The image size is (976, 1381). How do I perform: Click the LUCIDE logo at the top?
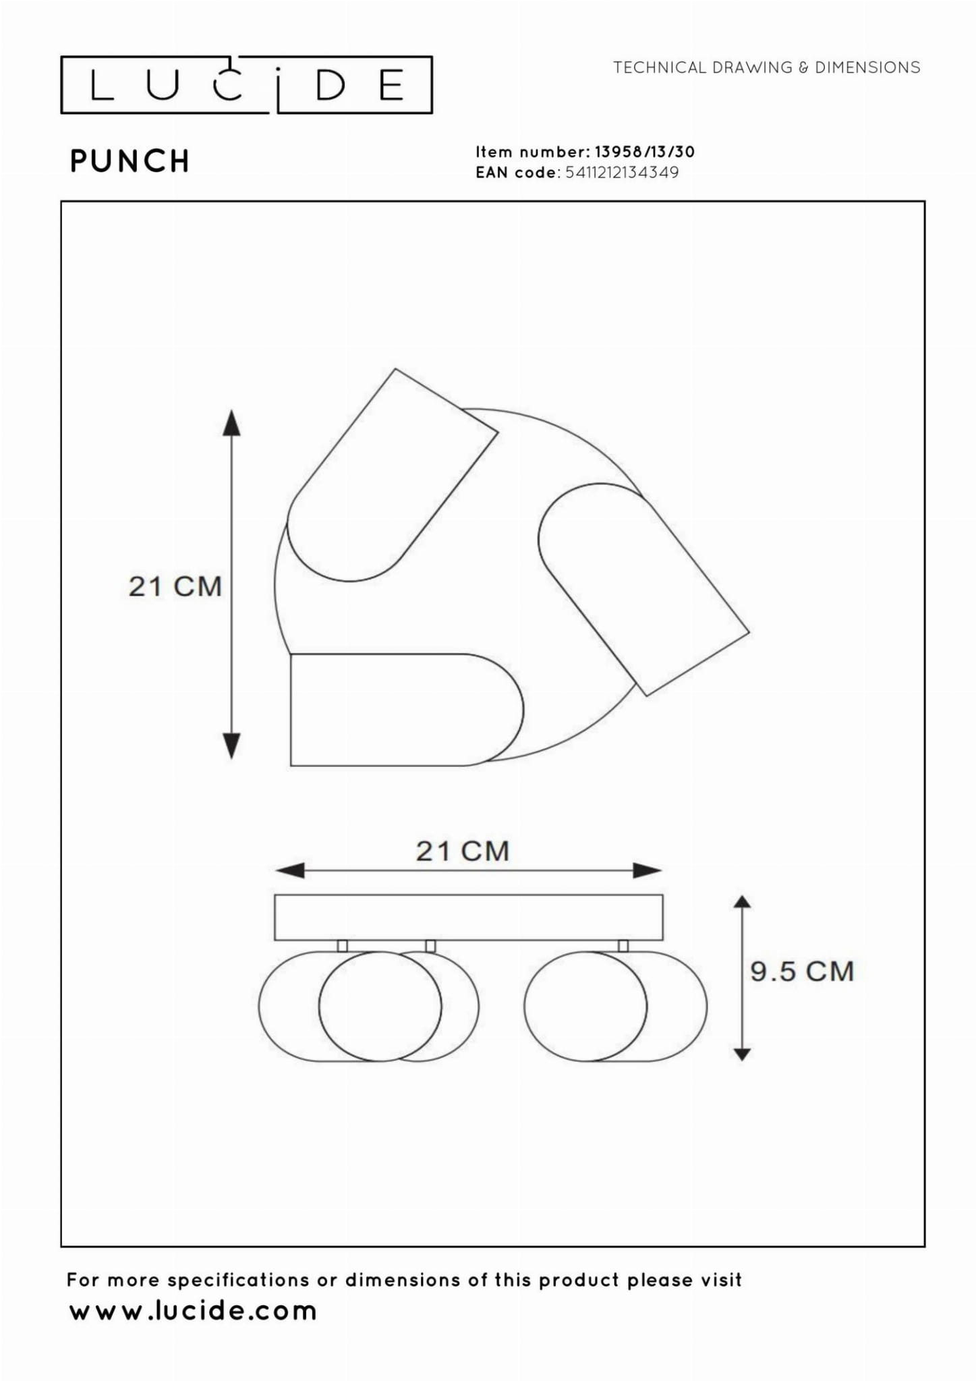246,84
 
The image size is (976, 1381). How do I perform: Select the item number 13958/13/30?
645,152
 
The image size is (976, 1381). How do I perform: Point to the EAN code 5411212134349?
622,173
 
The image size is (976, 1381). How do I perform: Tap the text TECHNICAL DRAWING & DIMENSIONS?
767,67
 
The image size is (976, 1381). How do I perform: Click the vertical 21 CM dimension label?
175,586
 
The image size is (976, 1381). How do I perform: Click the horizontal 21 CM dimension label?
463,851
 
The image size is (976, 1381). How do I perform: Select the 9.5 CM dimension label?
803,971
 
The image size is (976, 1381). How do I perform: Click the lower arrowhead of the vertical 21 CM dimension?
231,746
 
